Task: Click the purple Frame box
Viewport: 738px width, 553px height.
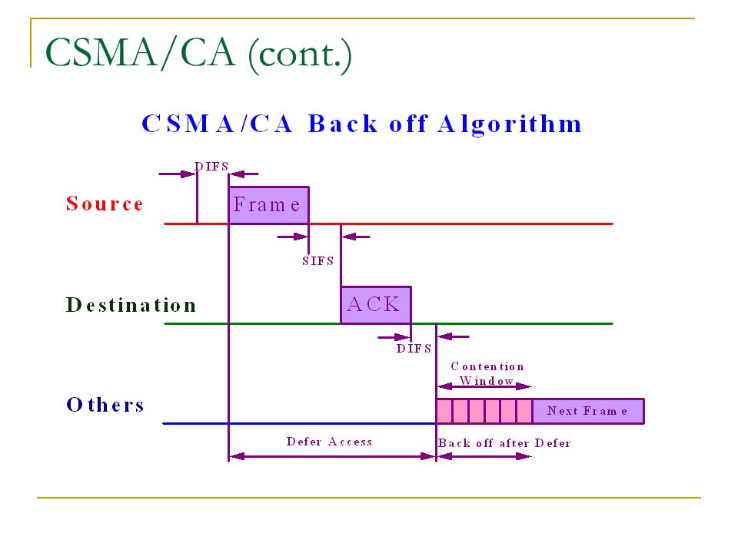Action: point(269,205)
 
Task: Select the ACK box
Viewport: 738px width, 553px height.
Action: point(376,305)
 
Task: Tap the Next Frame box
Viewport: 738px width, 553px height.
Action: point(588,411)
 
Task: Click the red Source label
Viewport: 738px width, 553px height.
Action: point(105,204)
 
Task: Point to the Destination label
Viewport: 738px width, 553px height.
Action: point(131,305)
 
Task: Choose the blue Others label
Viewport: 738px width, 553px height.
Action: point(105,405)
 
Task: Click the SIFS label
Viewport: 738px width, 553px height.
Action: point(318,261)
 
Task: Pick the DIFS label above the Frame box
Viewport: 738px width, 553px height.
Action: point(211,167)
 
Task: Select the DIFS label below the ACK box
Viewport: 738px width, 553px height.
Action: point(414,349)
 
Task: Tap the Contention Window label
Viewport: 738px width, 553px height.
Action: point(487,373)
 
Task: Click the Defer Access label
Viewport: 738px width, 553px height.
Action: point(330,442)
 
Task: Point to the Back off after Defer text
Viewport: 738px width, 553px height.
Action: point(504,443)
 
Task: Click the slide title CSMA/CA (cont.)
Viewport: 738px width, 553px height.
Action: point(198,53)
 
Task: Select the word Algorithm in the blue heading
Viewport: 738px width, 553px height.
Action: point(510,124)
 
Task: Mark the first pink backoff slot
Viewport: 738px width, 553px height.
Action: point(444,411)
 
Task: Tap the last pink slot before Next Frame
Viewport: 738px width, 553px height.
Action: point(524,411)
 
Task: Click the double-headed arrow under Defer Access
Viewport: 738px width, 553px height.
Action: point(332,456)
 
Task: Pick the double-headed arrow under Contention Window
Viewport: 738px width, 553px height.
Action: point(484,386)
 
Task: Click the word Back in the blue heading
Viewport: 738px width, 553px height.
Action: point(343,124)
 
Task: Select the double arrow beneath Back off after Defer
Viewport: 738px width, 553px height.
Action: point(484,456)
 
